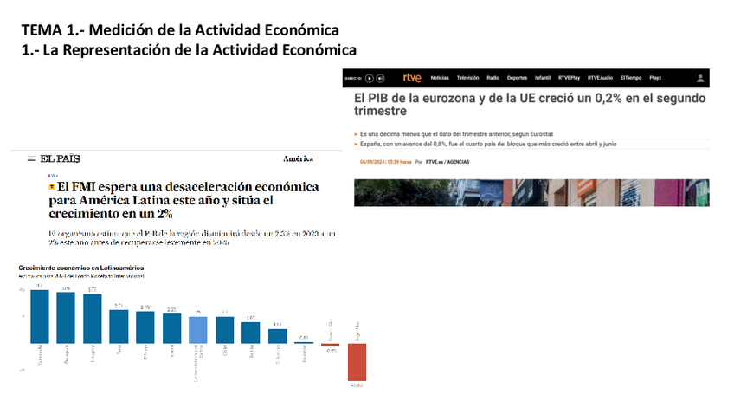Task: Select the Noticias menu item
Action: click(x=440, y=78)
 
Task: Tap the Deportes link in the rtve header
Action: click(x=518, y=78)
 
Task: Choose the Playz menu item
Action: click(x=655, y=78)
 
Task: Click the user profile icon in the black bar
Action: click(x=700, y=78)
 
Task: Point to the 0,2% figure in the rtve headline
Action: click(x=610, y=99)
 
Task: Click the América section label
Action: click(x=298, y=159)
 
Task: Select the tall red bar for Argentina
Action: click(x=357, y=361)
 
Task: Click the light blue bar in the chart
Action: click(x=197, y=329)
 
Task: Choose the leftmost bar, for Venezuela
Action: click(x=40, y=315)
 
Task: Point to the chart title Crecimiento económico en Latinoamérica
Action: click(x=80, y=268)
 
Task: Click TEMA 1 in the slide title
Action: click(x=52, y=31)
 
